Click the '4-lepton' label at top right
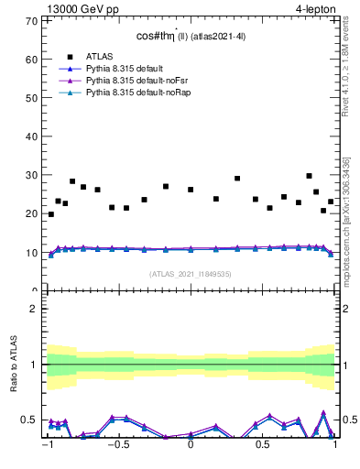pos(315,9)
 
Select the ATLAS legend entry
pos(100,55)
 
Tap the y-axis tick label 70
pos(33,20)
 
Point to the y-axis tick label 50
pos(33,97)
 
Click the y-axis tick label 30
pos(33,175)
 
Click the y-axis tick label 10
pos(33,253)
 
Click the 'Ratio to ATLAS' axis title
pos(13,365)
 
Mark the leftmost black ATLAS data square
pos(50,214)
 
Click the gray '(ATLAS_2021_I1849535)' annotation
pos(191,274)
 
